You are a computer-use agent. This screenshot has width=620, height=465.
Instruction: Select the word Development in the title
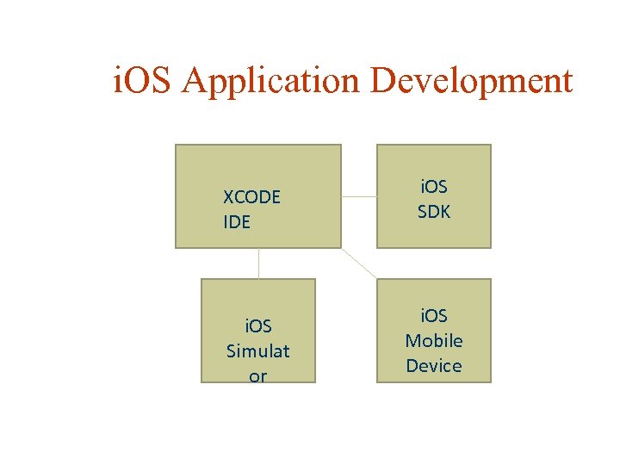(x=471, y=82)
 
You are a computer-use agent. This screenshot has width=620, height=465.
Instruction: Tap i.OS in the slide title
(x=145, y=82)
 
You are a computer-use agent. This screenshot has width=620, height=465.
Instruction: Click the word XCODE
(x=251, y=197)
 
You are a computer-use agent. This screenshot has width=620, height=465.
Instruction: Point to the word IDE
(x=237, y=222)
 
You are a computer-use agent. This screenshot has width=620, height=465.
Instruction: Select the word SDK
(x=434, y=211)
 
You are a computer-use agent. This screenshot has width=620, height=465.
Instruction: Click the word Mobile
(x=434, y=341)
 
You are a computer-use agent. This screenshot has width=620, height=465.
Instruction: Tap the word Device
(x=434, y=366)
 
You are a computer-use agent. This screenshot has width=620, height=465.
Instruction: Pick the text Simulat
(x=258, y=351)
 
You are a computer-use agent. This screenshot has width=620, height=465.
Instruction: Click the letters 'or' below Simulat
(x=258, y=375)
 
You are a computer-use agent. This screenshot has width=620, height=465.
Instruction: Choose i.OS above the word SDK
(x=434, y=186)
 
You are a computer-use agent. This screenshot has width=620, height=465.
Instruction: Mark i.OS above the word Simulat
(x=258, y=326)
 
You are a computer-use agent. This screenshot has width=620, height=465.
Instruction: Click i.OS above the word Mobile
(x=434, y=316)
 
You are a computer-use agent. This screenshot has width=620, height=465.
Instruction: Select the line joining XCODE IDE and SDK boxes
(x=359, y=196)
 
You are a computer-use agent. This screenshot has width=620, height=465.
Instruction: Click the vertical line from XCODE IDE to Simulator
(x=258, y=263)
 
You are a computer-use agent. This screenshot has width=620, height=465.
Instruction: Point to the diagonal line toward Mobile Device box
(x=360, y=263)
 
